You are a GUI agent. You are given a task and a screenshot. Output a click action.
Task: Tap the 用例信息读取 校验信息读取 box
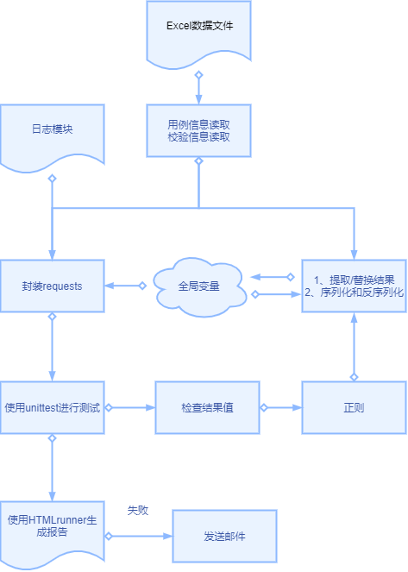point(198,130)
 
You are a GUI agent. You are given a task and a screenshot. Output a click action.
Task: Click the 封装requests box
point(52,286)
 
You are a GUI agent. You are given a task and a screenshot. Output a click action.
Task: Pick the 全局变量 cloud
point(199,286)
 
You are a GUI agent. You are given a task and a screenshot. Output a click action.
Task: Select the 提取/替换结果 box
point(354,286)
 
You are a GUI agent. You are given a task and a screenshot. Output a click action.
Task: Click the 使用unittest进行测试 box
point(52,406)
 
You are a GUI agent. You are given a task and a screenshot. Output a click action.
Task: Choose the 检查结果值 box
point(207,406)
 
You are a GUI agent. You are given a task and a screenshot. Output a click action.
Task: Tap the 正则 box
point(354,406)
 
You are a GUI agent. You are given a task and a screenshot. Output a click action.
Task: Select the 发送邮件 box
point(224,536)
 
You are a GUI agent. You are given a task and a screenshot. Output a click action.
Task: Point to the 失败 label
point(138,511)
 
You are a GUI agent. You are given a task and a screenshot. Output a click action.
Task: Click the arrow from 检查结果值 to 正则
point(280,406)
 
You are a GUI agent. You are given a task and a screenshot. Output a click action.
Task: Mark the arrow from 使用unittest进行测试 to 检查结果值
point(129,406)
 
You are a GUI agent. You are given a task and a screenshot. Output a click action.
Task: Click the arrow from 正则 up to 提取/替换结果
point(354,346)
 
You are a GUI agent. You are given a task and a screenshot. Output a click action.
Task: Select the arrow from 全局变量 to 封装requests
point(126,286)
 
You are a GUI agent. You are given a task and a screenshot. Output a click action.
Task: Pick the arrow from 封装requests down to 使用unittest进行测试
point(52,346)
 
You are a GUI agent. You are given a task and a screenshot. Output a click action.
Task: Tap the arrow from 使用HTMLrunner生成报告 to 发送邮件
point(139,536)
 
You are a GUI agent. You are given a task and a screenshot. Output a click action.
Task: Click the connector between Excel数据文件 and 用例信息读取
point(198,87)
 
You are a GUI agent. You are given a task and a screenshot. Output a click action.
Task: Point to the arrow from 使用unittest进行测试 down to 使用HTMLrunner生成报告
point(52,467)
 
